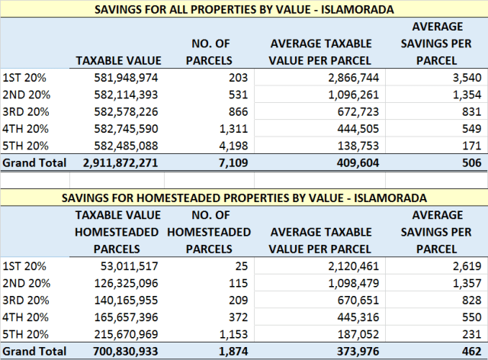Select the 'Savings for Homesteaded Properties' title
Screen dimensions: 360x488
[x=243, y=198]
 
